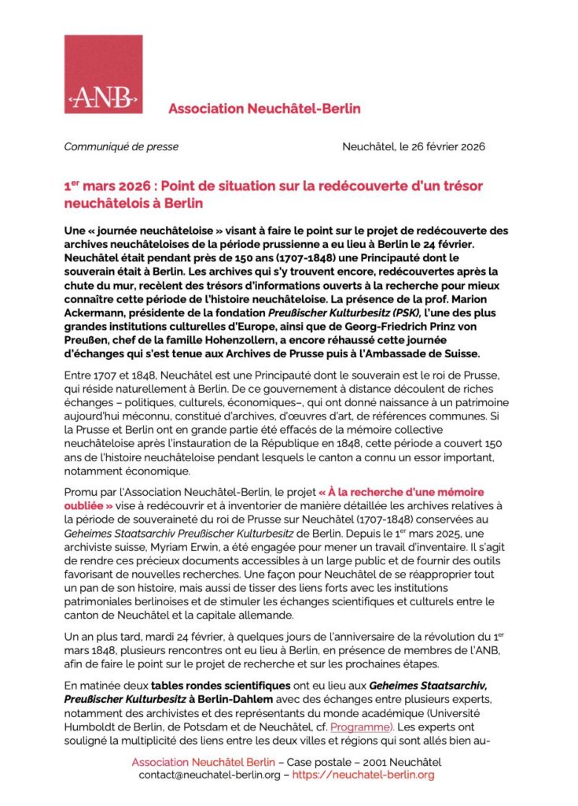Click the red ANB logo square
[x=104, y=74]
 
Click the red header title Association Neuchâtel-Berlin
[x=264, y=109]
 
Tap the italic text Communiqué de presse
[x=121, y=146]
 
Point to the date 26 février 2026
[x=439, y=146]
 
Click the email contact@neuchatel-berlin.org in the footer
[x=207, y=775]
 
